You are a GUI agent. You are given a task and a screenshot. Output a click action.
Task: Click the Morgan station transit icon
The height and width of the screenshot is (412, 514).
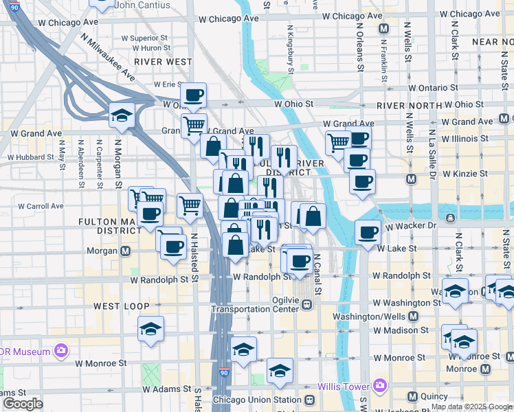[x=126, y=251]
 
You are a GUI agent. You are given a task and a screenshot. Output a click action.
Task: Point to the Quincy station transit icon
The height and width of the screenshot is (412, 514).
[x=412, y=396]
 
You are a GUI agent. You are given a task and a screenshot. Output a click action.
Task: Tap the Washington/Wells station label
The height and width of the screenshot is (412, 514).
[x=370, y=317]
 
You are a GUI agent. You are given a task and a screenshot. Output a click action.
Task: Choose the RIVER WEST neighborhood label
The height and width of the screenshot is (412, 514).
[x=164, y=61]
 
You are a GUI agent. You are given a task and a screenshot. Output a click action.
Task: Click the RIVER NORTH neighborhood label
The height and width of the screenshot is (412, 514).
[x=409, y=106]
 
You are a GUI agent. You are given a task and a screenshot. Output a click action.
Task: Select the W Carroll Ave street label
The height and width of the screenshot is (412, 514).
[x=41, y=205]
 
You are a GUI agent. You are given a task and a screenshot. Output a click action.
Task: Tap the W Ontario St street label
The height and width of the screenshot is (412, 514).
[x=432, y=88]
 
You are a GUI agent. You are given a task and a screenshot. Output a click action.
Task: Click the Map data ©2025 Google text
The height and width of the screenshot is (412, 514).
[x=471, y=407]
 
